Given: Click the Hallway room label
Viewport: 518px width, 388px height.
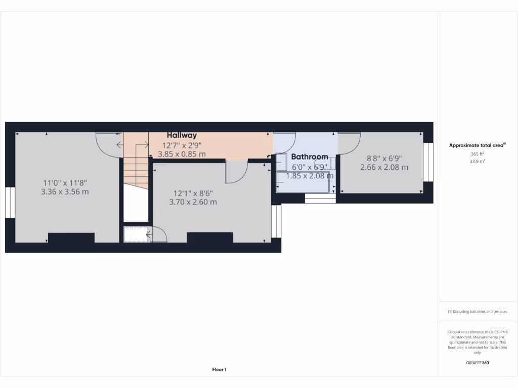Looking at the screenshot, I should click(x=182, y=135).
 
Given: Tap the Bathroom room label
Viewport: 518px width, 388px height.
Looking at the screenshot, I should click(x=309, y=157).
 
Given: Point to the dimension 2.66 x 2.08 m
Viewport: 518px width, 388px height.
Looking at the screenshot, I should click(x=384, y=167).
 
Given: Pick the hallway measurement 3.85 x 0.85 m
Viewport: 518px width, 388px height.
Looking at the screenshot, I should click(x=182, y=154).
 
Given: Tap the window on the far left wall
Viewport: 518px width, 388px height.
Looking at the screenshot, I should click(x=10, y=203).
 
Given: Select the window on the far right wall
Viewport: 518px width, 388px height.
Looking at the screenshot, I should click(x=428, y=162).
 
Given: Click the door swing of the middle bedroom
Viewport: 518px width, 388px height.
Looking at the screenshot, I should click(x=236, y=172).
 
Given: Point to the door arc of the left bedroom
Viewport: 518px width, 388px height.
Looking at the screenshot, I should click(x=108, y=145).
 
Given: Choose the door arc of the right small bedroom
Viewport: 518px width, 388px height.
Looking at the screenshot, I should click(x=349, y=143).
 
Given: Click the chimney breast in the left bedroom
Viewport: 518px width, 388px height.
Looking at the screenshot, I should click(x=71, y=238).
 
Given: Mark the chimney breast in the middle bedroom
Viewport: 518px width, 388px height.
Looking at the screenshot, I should click(x=210, y=237).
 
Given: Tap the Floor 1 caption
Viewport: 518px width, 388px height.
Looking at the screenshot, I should click(x=219, y=370).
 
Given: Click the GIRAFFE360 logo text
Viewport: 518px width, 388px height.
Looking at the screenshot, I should click(x=478, y=363).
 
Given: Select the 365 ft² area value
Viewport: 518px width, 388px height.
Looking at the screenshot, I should click(x=478, y=154).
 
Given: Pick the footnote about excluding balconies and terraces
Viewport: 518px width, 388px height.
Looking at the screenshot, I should click(x=478, y=312).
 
